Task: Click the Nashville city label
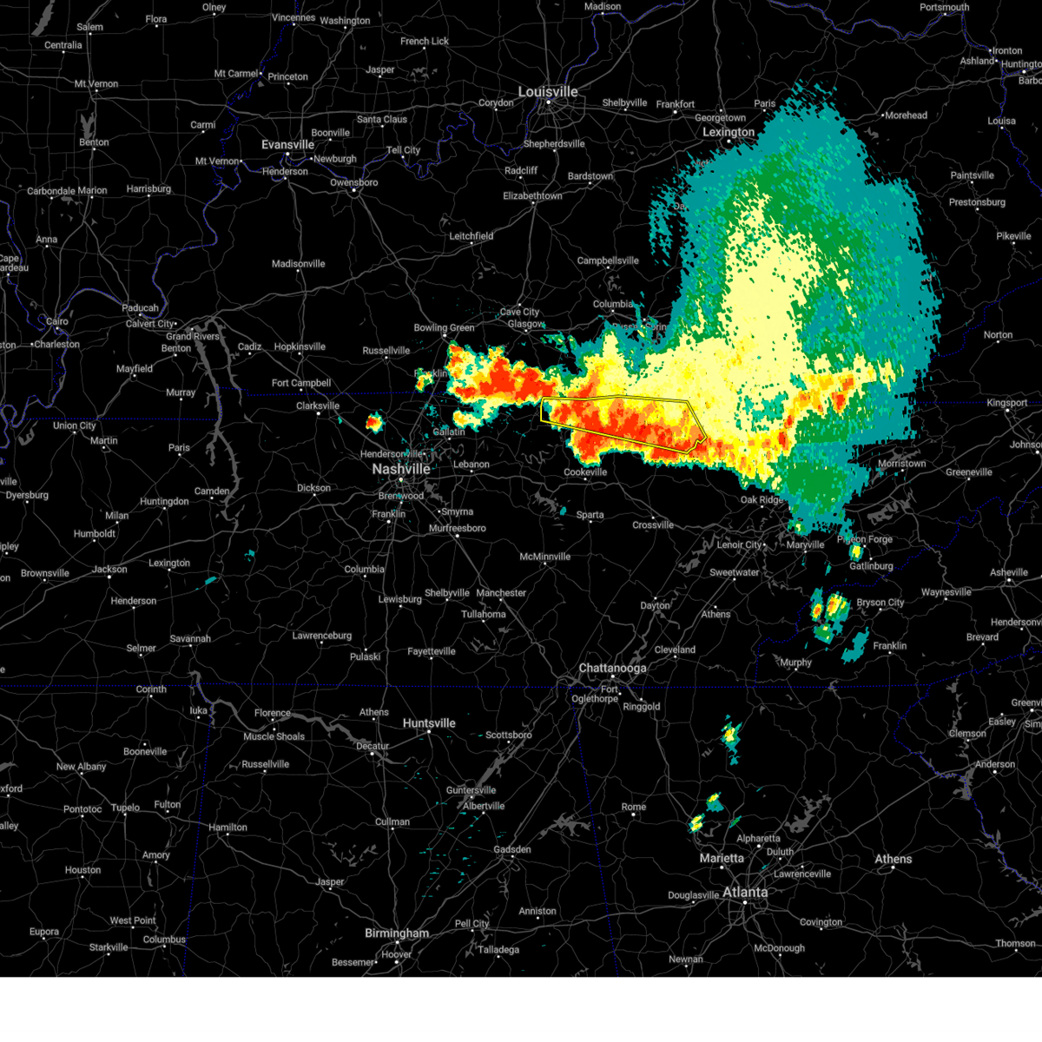[400, 469]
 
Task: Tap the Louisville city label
[548, 92]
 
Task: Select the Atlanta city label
[745, 892]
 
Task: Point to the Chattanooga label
[612, 669]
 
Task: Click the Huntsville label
[429, 723]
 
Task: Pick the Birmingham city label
[397, 933]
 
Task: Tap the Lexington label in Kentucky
[729, 132]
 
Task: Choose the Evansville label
[287, 145]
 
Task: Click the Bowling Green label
[444, 328]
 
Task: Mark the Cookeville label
[585, 472]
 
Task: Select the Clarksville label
[318, 406]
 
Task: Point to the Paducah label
[140, 308]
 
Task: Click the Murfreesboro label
[458, 528]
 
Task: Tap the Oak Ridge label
[762, 500]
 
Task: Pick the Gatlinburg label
[871, 566]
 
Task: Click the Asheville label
[1009, 573]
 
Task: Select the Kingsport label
[1007, 403]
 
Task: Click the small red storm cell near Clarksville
[373, 423]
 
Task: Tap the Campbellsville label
[608, 260]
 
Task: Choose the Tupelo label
[125, 808]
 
